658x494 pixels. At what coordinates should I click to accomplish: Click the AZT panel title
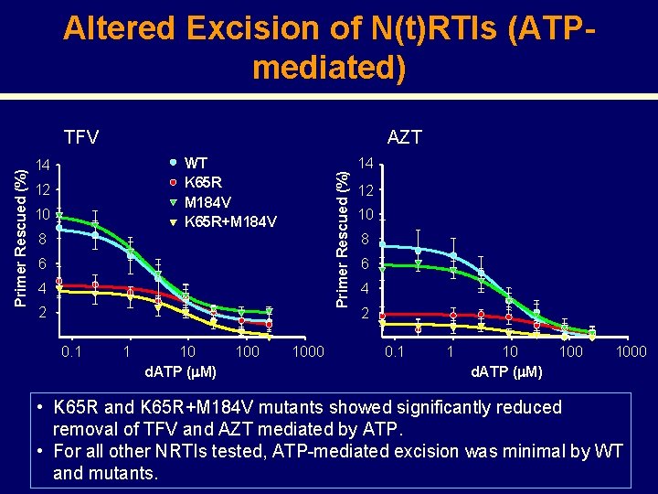pyautogui.click(x=404, y=137)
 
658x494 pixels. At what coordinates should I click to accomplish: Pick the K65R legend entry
pyautogui.click(x=203, y=182)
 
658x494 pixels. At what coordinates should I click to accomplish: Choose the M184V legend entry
pyautogui.click(x=207, y=201)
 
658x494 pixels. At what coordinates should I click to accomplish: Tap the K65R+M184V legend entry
pyautogui.click(x=230, y=221)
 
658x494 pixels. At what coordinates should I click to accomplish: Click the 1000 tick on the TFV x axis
pyautogui.click(x=307, y=351)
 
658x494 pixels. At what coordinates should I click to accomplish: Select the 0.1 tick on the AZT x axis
pyautogui.click(x=394, y=351)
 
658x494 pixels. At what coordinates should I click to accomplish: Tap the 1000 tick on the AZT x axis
pyautogui.click(x=631, y=351)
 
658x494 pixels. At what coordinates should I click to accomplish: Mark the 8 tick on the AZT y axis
pyautogui.click(x=364, y=240)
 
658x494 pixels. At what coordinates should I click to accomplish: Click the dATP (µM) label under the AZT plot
pyautogui.click(x=506, y=371)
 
